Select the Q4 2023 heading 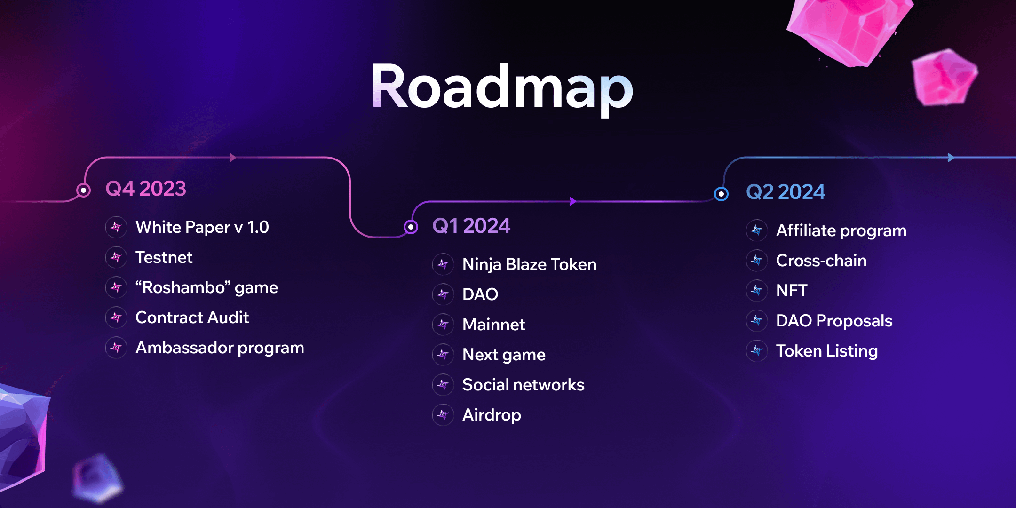[x=146, y=189]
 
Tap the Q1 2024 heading [x=471, y=226]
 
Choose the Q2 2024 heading [x=786, y=192]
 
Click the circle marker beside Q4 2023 [x=83, y=190]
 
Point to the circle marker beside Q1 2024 [x=411, y=227]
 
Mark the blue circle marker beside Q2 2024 [x=721, y=194]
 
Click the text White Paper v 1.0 [x=202, y=227]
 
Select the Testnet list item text [x=164, y=257]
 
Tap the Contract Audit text [x=192, y=317]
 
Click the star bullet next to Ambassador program [x=116, y=348]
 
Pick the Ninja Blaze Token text [x=530, y=264]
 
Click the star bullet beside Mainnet [x=443, y=324]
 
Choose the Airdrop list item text [x=492, y=415]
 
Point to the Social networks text [x=524, y=385]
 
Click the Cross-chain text [x=821, y=261]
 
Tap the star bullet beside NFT [x=757, y=290]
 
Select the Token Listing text [x=827, y=351]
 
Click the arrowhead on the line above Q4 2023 [x=232, y=158]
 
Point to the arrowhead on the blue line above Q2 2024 [x=951, y=158]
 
